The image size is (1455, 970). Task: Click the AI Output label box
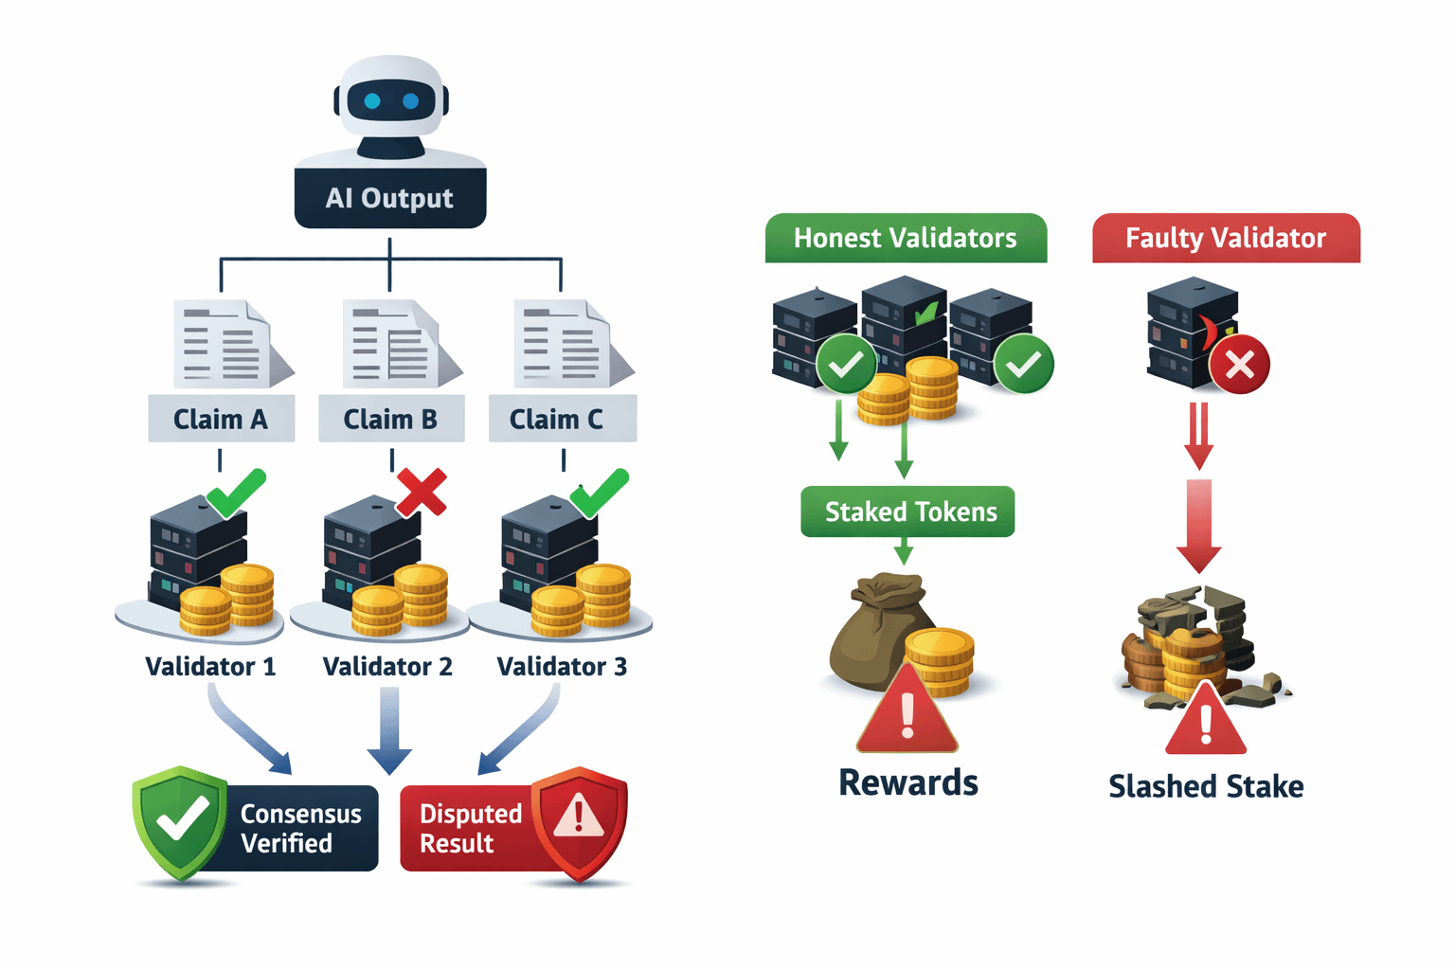[389, 198]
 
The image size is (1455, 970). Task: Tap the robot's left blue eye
[372, 101]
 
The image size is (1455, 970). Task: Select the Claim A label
[221, 419]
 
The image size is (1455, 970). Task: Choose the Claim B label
[390, 419]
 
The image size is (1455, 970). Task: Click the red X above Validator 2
[422, 492]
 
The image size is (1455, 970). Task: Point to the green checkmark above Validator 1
[237, 492]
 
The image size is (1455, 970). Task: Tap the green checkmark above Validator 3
[600, 492]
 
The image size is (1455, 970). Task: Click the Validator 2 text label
[387, 667]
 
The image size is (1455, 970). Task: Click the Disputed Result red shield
[579, 820]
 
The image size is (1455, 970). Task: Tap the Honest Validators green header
[906, 238]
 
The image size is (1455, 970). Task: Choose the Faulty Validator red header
[1226, 238]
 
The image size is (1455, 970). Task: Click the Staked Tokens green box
[907, 512]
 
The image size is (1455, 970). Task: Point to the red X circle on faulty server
[1240, 365]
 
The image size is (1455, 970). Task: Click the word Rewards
[908, 782]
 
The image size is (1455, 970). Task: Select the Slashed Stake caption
[1206, 786]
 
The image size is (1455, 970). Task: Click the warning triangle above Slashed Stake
[1206, 722]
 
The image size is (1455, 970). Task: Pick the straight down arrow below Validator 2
[389, 730]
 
